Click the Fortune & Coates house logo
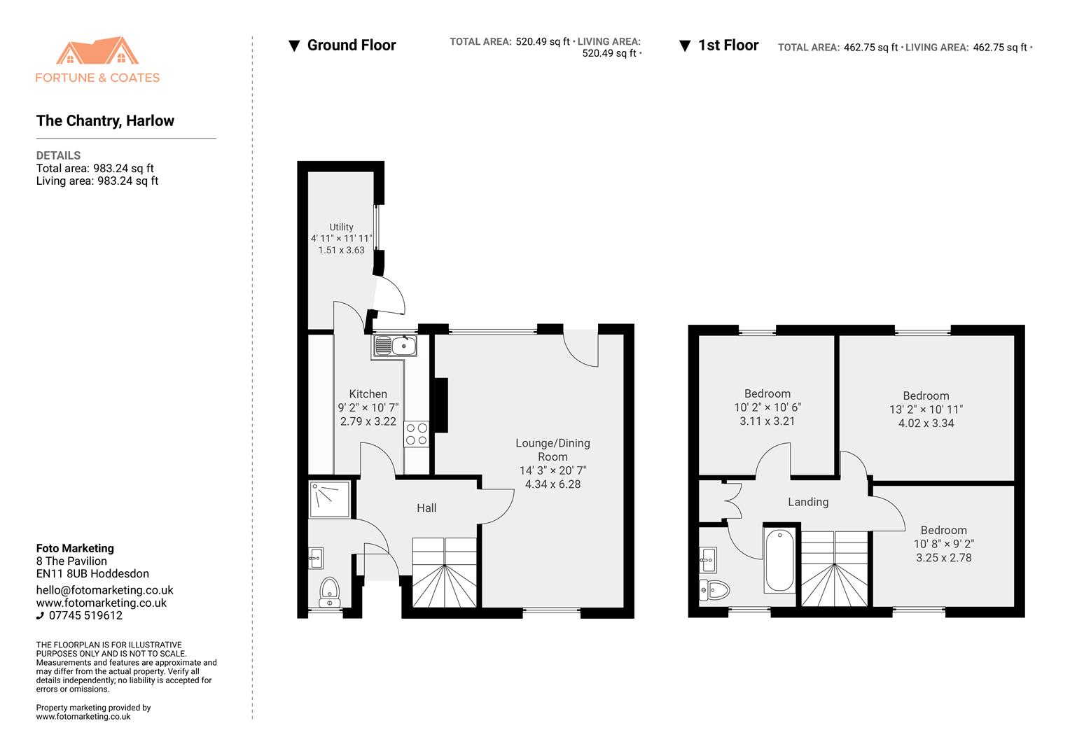pos(97,52)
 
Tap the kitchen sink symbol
pos(394,346)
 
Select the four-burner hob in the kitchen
pos(416,434)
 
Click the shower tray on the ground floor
pos(329,498)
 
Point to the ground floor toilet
pos(329,592)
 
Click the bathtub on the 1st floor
pos(779,561)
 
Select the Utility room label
pos(341,227)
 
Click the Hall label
pos(426,508)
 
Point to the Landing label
pos(807,502)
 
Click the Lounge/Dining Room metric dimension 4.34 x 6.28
pos(553,484)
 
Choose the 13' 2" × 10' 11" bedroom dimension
pos(926,409)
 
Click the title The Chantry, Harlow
pos(105,120)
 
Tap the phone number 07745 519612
pos(85,616)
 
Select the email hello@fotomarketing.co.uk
pos(104,590)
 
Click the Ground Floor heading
pos(352,45)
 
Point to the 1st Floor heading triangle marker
pos(685,46)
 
